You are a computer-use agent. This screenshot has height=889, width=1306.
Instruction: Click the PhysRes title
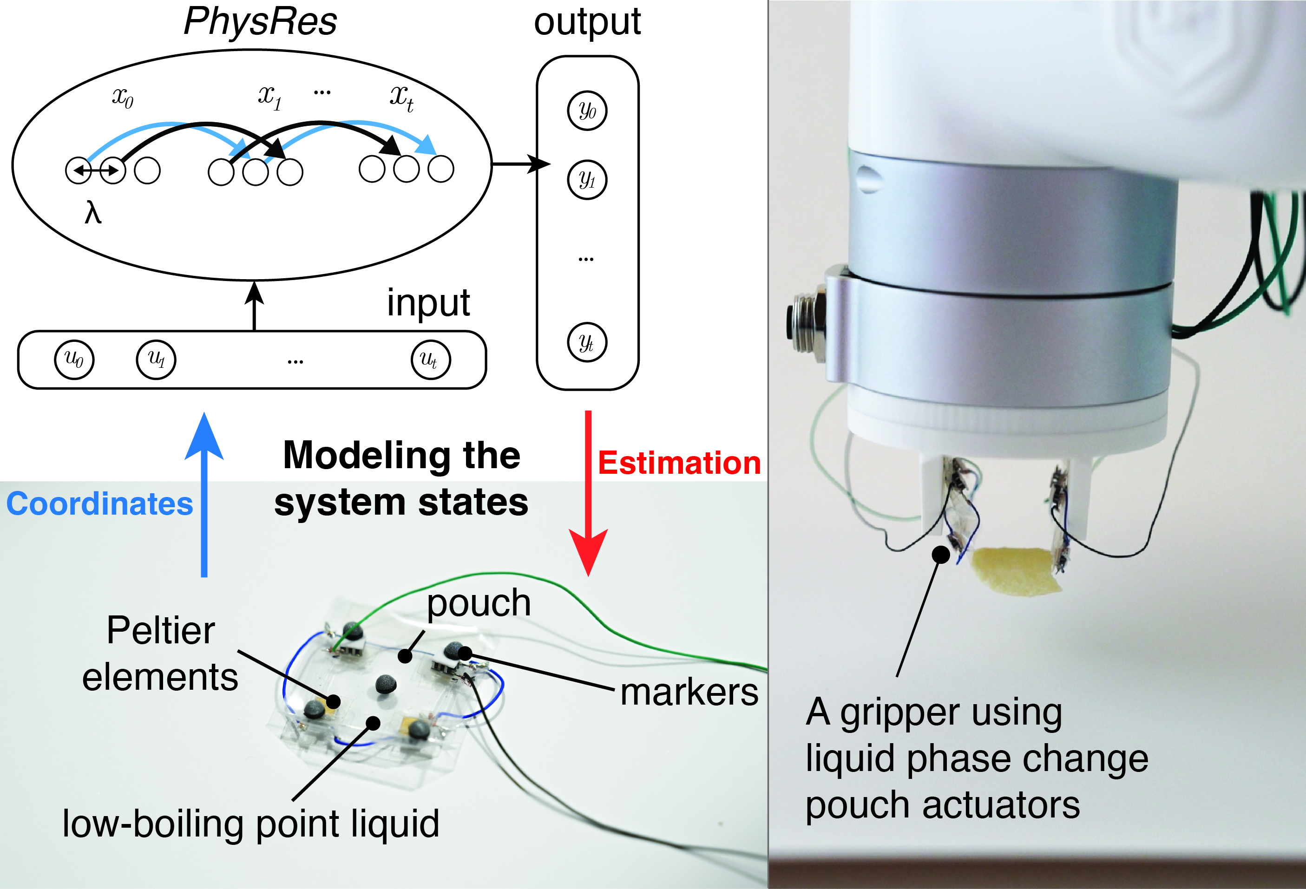click(260, 22)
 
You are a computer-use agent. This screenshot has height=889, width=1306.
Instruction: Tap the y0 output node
click(587, 110)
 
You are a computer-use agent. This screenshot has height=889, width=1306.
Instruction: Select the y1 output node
click(587, 180)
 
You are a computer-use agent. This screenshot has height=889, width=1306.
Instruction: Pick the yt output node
click(587, 342)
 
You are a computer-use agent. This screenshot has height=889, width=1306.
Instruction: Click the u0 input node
click(73, 359)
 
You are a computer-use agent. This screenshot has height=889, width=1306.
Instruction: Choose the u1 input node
click(156, 359)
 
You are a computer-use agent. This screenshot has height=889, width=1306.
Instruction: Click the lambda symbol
click(93, 214)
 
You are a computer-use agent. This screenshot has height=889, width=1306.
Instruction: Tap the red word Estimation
click(679, 463)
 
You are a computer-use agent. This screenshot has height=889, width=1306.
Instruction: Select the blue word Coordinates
click(99, 503)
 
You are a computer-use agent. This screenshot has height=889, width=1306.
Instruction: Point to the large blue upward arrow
click(204, 495)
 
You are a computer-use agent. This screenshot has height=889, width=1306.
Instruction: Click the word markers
click(689, 693)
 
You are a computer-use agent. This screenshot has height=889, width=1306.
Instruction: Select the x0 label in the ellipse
click(123, 97)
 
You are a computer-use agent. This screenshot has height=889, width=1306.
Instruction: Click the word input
click(428, 303)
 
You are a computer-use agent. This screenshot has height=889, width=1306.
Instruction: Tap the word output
click(587, 22)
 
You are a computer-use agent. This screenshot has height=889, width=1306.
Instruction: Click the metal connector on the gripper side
click(805, 318)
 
